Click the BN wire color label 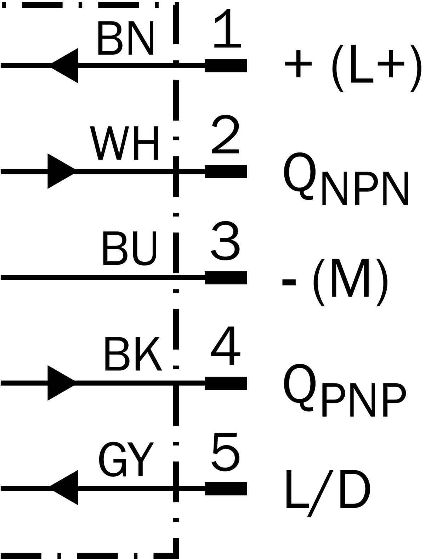[x=126, y=38]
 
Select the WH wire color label [x=124, y=143]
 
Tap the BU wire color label [x=129, y=248]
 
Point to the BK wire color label [x=133, y=354]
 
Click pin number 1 [x=228, y=28]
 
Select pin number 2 [x=226, y=134]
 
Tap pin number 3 [x=225, y=241]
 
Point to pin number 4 [x=226, y=346]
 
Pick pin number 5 [x=226, y=452]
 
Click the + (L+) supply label [x=353, y=68]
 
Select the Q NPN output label [x=346, y=179]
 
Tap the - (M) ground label [x=335, y=282]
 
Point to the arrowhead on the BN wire [x=65, y=65]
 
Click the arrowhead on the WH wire [x=61, y=171]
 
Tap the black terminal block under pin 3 [x=226, y=278]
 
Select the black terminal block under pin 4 [x=226, y=383]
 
